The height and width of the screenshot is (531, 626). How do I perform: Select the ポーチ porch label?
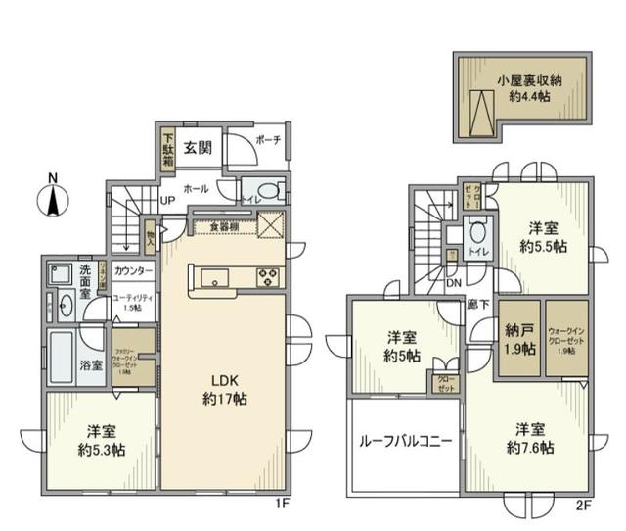tap(268, 141)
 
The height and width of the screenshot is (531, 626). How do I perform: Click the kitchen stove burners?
tap(268, 277)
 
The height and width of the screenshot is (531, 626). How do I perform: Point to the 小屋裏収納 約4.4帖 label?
tap(526, 88)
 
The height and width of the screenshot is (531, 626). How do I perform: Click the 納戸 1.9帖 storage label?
tap(518, 339)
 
